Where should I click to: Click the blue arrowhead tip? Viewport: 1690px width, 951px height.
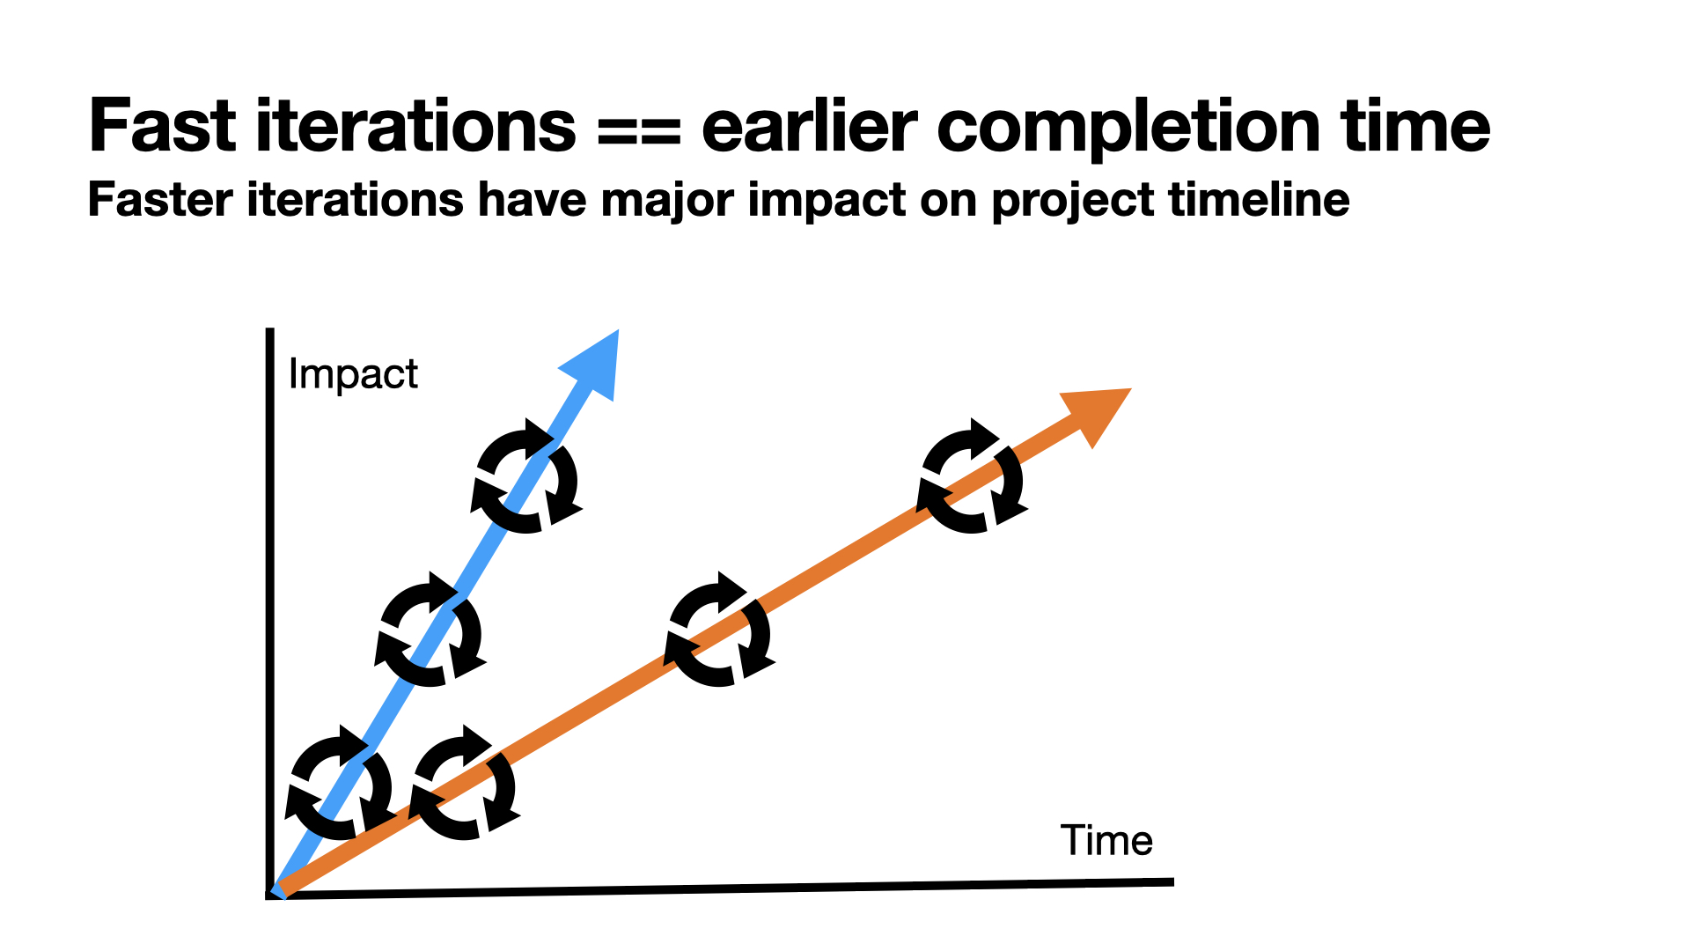[x=618, y=331]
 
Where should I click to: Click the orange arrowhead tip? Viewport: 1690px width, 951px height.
[x=1130, y=389]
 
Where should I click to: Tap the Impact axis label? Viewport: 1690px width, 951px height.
[x=353, y=375]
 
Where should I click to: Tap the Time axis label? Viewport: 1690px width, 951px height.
[x=1106, y=840]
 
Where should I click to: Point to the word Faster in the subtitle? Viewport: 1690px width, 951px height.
[x=161, y=200]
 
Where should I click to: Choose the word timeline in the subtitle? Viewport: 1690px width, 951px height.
[x=1260, y=200]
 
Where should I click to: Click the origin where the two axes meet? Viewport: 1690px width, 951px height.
[x=270, y=895]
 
